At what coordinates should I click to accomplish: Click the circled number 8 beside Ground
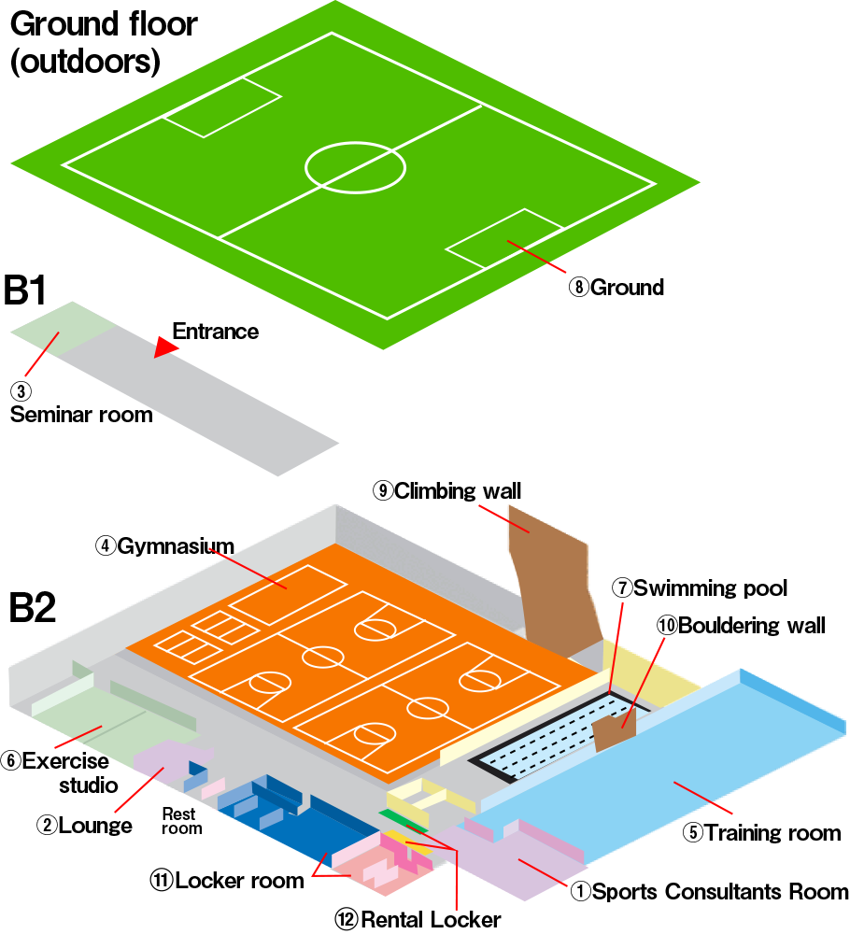pos(579,288)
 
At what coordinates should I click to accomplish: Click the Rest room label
pos(181,821)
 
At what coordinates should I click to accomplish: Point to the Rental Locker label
pos(431,920)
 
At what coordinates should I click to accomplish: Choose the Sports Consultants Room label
pos(720,892)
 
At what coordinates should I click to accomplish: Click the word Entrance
pos(216,332)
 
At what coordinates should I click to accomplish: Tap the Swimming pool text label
pos(710,588)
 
